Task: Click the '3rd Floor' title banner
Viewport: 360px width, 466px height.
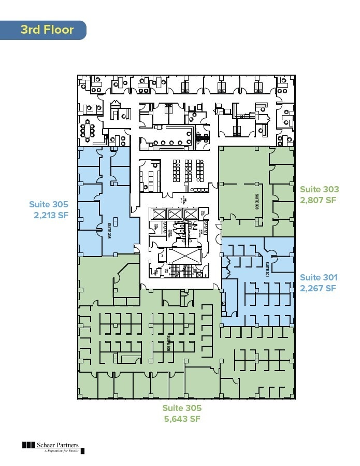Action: pyautogui.click(x=47, y=30)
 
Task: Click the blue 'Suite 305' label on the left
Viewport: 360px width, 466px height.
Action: pyautogui.click(x=49, y=204)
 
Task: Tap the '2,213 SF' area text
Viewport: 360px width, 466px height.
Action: pyautogui.click(x=49, y=214)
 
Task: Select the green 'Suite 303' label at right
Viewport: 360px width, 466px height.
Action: pyautogui.click(x=320, y=190)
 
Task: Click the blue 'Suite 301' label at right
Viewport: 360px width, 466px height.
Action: pyautogui.click(x=319, y=278)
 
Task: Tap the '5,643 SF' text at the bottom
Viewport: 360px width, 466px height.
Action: pyautogui.click(x=182, y=419)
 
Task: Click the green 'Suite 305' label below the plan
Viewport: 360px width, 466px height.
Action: pyautogui.click(x=182, y=408)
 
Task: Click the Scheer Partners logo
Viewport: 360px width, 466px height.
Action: pyautogui.click(x=52, y=446)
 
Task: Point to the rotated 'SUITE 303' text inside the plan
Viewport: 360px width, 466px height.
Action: pyautogui.click(x=256, y=201)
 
